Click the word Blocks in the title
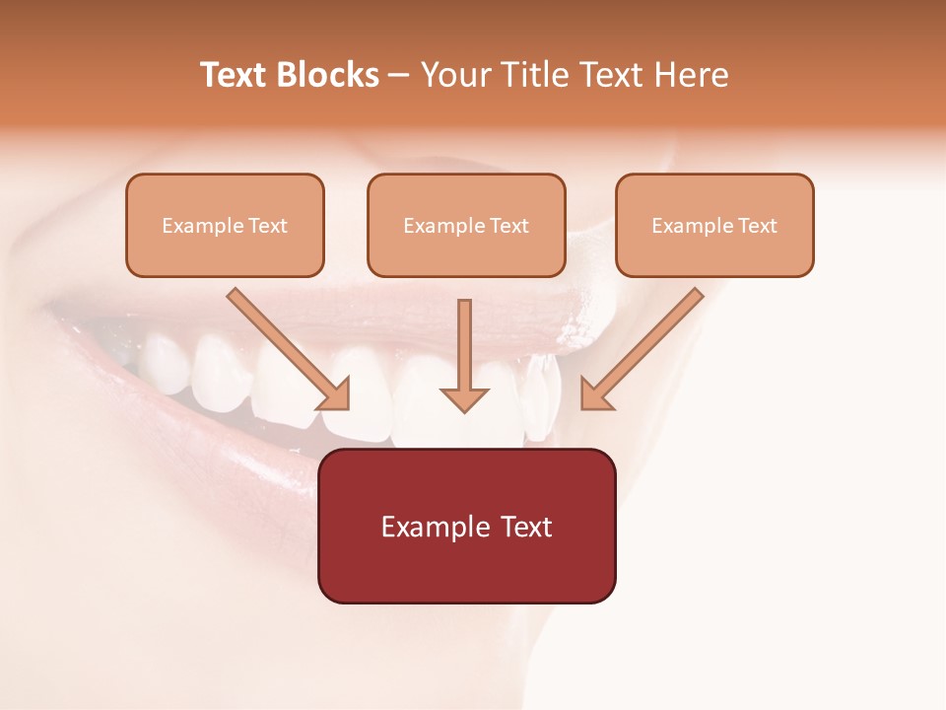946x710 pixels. click(x=328, y=75)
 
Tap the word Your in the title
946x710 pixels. click(x=454, y=75)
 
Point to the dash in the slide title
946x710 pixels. click(x=399, y=76)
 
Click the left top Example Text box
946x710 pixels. click(x=225, y=225)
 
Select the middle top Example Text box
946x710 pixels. click(x=466, y=225)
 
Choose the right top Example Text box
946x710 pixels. click(x=714, y=225)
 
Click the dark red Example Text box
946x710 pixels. click(x=466, y=526)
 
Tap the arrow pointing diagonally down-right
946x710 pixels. click(x=286, y=347)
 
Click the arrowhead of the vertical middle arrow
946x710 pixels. click(x=464, y=398)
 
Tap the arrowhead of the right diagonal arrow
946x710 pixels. click(x=594, y=394)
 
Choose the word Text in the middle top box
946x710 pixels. click(x=508, y=226)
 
